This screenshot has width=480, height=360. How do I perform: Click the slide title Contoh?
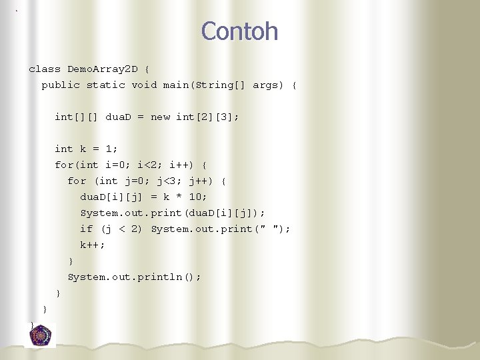coord(239,31)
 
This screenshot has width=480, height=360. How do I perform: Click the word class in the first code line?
coord(45,69)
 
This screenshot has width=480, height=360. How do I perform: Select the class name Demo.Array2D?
coord(103,69)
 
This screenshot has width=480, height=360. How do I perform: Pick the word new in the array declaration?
coord(161,117)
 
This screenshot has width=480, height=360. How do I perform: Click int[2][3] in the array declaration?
coord(207,117)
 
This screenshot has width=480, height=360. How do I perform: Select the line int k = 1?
coord(86,149)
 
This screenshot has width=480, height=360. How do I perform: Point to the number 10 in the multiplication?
coord(197,197)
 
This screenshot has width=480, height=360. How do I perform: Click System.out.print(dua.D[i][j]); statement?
coord(173,213)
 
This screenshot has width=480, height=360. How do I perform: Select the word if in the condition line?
coord(87,229)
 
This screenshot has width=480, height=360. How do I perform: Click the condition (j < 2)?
coord(121,229)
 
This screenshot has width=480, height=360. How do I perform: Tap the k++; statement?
coord(93,245)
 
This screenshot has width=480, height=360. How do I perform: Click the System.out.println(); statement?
coord(134,277)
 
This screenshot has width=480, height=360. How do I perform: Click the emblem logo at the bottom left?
coord(41,335)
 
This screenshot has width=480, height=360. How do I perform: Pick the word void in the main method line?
coord(145,85)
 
